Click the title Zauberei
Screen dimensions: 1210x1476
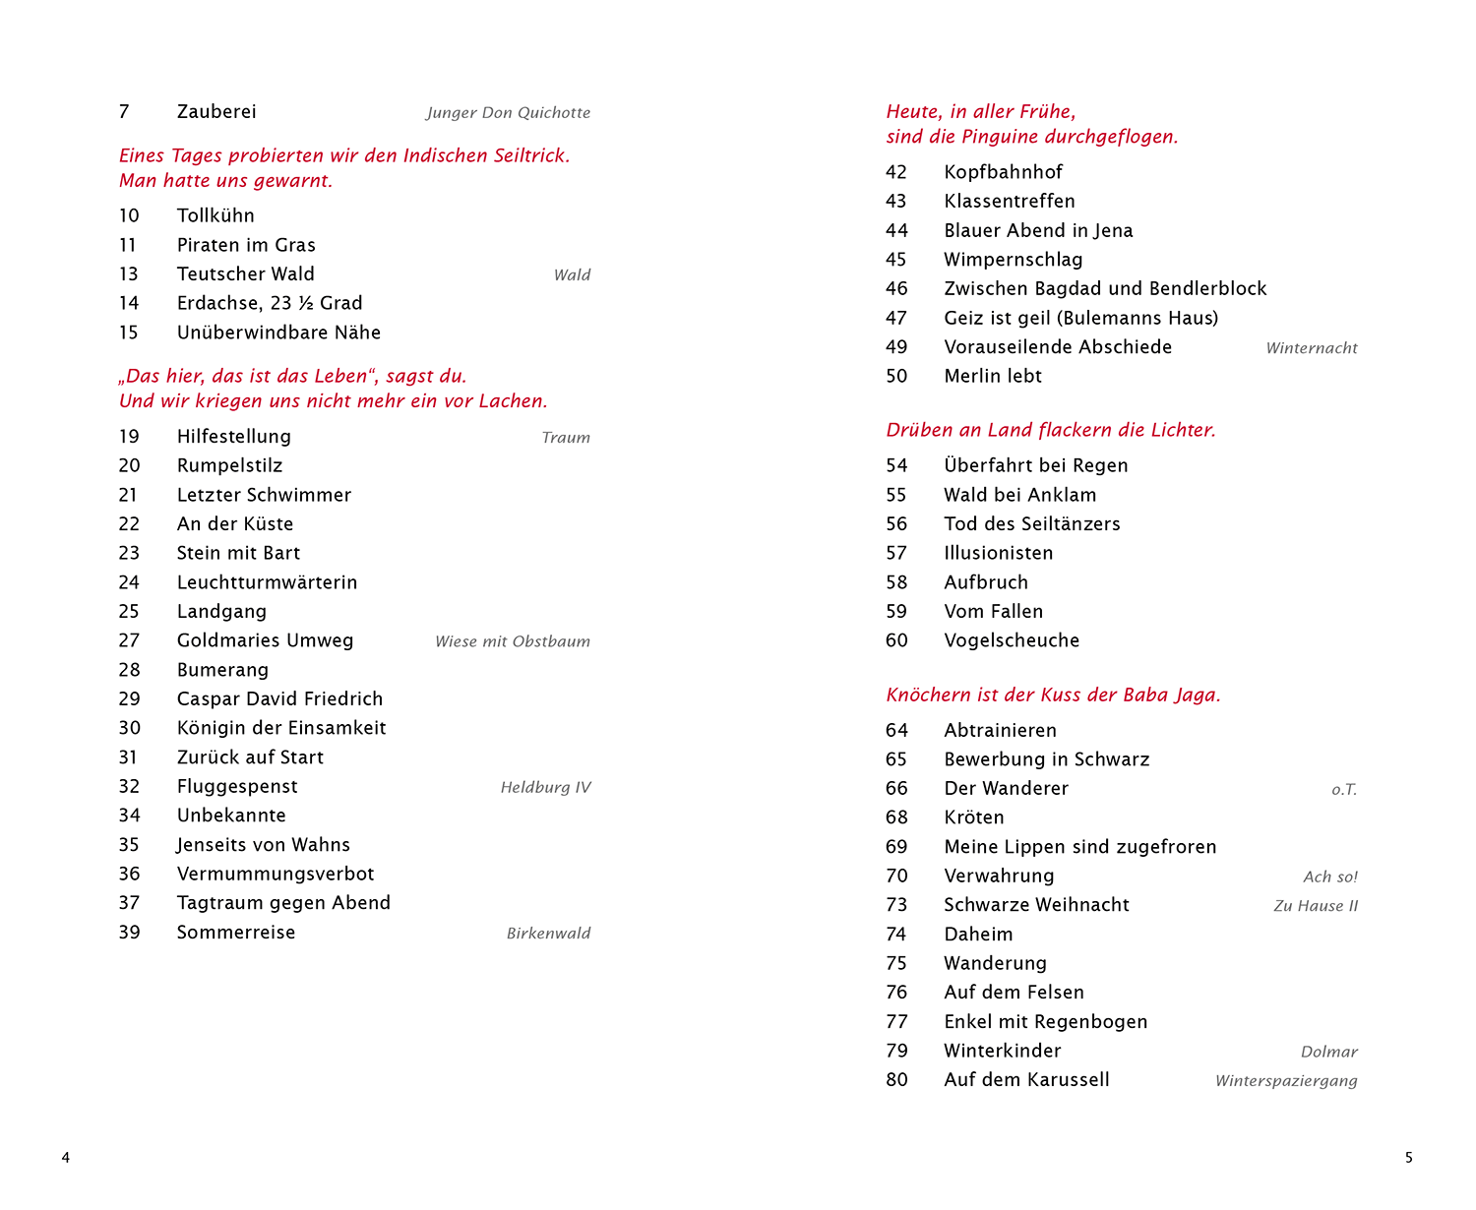click(x=216, y=112)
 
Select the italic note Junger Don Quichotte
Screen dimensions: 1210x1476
click(x=508, y=113)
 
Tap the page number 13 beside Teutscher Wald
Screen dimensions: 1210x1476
click(x=129, y=274)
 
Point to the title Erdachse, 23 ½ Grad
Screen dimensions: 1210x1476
click(x=270, y=303)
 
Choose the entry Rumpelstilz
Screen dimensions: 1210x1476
click(x=229, y=465)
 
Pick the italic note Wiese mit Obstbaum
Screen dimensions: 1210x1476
click(x=512, y=641)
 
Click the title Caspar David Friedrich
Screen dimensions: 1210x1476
click(x=279, y=698)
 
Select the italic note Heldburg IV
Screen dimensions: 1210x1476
click(x=545, y=787)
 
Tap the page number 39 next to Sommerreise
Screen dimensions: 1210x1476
click(x=130, y=933)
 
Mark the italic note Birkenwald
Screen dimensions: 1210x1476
click(x=548, y=934)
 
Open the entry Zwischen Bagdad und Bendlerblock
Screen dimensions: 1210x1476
click(x=1105, y=288)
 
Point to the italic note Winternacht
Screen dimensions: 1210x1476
click(x=1311, y=348)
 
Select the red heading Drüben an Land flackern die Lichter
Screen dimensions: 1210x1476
click(x=1051, y=430)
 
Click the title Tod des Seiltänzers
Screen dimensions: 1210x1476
click(x=1032, y=524)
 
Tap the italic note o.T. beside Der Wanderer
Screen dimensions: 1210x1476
click(x=1344, y=790)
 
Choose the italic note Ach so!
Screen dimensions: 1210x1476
click(x=1329, y=877)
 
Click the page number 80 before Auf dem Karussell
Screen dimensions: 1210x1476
click(x=896, y=1080)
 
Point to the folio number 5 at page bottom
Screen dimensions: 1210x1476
click(x=1408, y=1158)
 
